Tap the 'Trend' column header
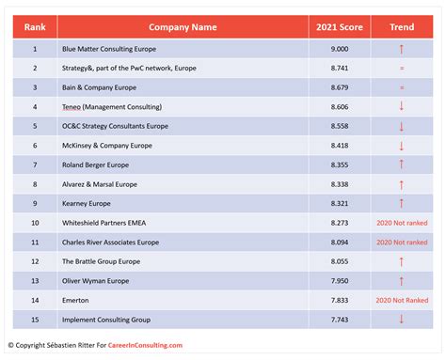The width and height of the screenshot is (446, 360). (x=402, y=26)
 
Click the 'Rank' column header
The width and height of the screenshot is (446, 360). (x=35, y=26)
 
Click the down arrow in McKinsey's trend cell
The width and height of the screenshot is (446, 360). (x=402, y=145)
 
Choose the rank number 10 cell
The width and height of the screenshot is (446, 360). (x=35, y=223)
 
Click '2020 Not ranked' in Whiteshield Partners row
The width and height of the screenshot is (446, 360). (x=402, y=223)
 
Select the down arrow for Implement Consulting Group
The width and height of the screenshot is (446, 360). (x=402, y=319)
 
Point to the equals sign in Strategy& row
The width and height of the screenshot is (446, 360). (x=402, y=69)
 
